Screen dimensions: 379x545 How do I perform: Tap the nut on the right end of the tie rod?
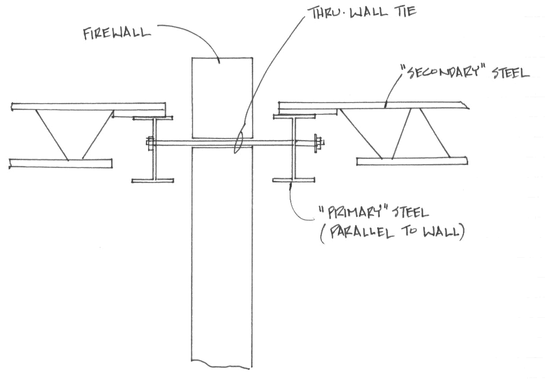pos(319,143)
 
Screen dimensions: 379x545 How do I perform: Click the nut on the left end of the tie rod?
pos(150,143)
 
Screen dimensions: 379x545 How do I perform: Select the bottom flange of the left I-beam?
pos(153,181)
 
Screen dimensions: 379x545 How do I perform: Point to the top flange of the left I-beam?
pos(153,118)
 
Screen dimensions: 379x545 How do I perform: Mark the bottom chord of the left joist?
pos(61,163)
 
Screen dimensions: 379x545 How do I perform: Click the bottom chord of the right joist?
pos(412,161)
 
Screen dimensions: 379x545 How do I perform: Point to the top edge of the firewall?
pos(222,57)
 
